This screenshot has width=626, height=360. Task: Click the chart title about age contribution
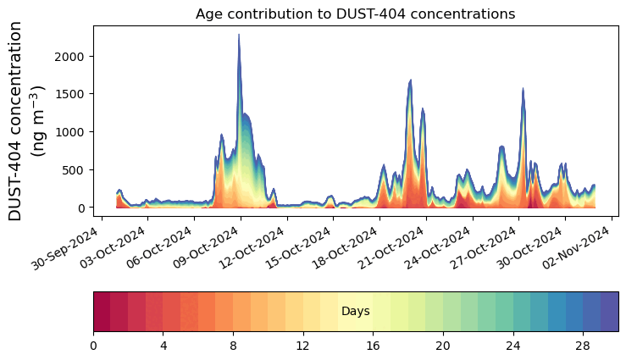(355, 14)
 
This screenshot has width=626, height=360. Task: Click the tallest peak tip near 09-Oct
(239, 35)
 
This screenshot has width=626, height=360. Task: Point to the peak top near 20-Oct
(411, 80)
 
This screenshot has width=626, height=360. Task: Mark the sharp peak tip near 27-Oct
(523, 88)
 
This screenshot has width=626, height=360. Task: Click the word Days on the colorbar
(355, 312)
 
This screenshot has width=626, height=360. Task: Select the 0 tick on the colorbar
(93, 346)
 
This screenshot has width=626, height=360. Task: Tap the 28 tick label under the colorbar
(583, 346)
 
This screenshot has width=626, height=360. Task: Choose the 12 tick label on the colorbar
(303, 346)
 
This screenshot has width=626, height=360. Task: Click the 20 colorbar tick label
(443, 346)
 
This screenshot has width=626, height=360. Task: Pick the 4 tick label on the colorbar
(163, 346)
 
